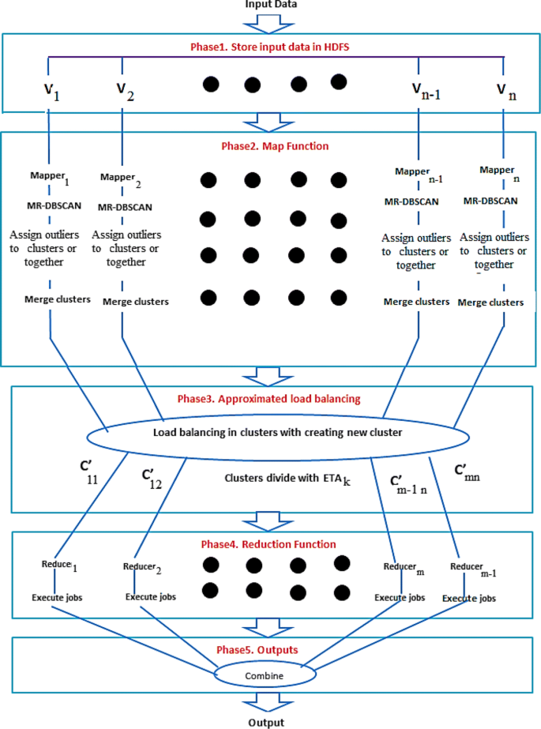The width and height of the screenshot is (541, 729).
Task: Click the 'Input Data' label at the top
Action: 270,6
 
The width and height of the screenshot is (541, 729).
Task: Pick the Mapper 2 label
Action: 122,182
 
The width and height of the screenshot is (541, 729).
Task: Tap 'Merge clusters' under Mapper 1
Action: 50,299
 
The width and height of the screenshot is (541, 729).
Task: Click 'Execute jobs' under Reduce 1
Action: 57,598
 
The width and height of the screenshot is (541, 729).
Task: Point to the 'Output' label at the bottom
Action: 270,722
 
